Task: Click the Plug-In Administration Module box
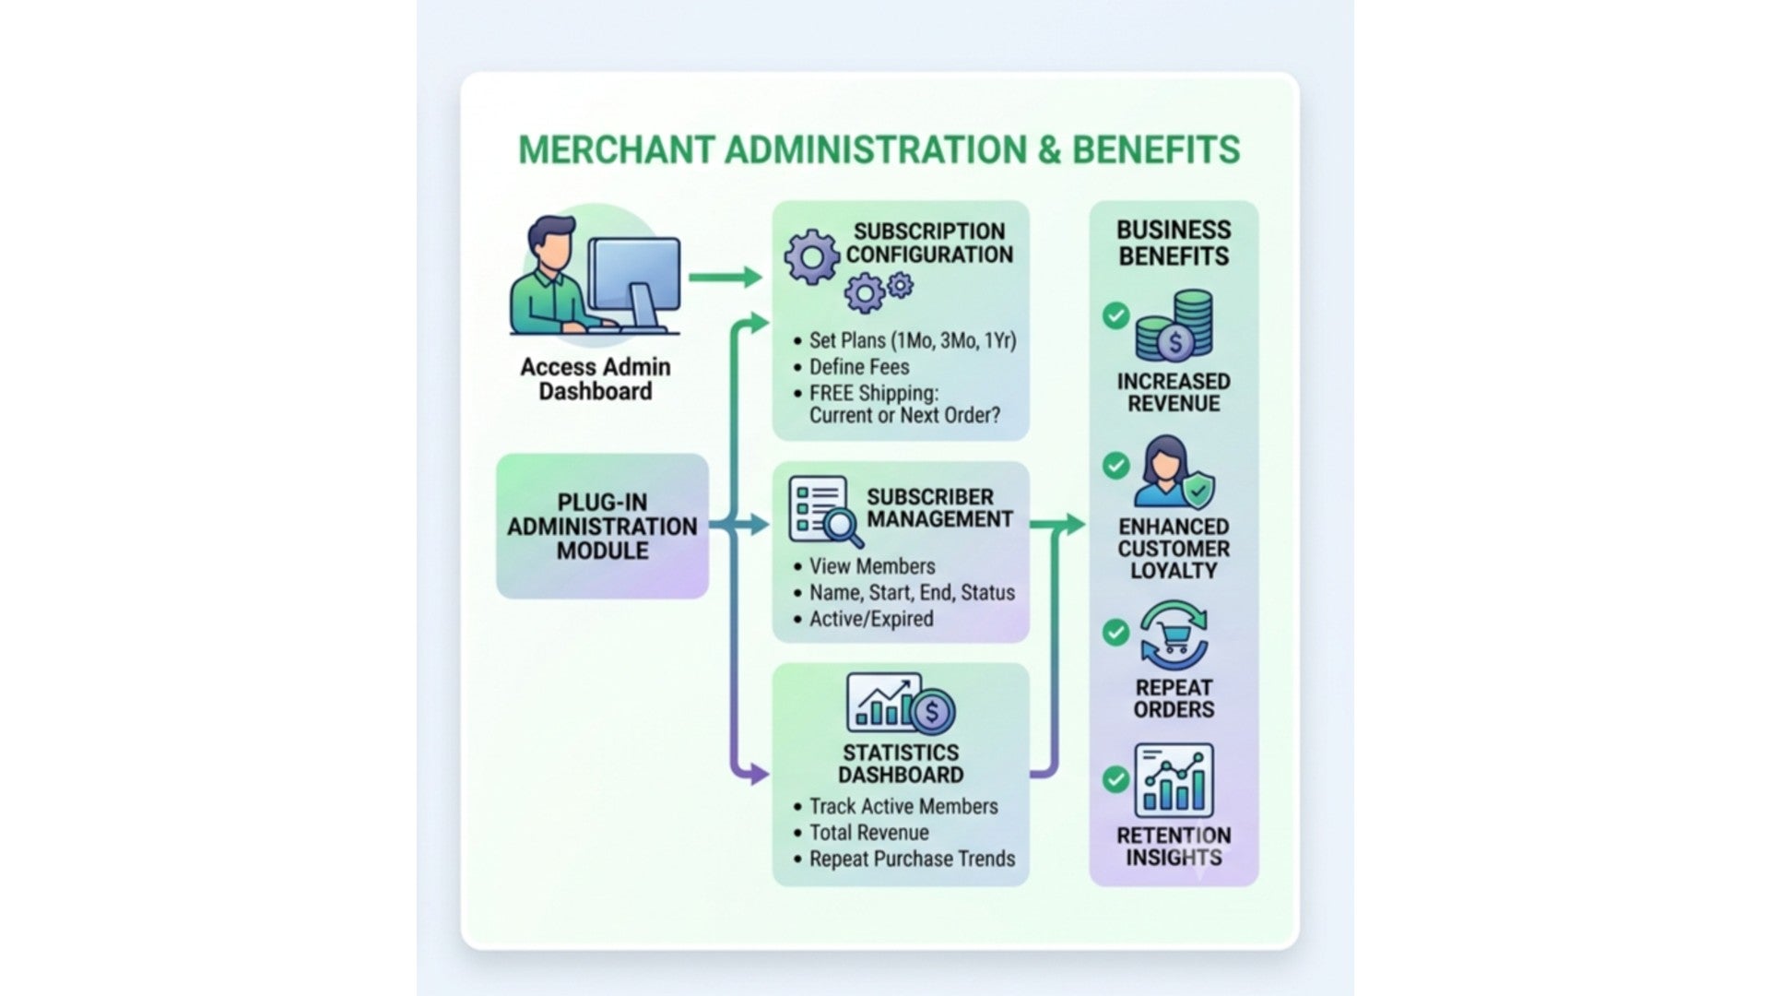(x=602, y=526)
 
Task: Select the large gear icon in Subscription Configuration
(x=812, y=256)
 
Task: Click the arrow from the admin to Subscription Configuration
(x=726, y=277)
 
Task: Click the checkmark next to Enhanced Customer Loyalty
(x=1115, y=466)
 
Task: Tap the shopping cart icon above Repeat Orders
(x=1174, y=635)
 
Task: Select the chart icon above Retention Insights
(x=1174, y=781)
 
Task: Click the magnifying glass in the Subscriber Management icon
(x=843, y=528)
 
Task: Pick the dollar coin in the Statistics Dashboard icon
(x=932, y=712)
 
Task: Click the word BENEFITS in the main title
(x=1156, y=150)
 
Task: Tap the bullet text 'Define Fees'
(x=859, y=367)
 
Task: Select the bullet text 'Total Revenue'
(x=869, y=833)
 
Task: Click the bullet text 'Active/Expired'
(x=871, y=619)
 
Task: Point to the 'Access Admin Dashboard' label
(x=596, y=379)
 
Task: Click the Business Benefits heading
(x=1174, y=243)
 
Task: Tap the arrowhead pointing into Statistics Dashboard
(x=760, y=775)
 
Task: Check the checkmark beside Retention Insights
(x=1115, y=779)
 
